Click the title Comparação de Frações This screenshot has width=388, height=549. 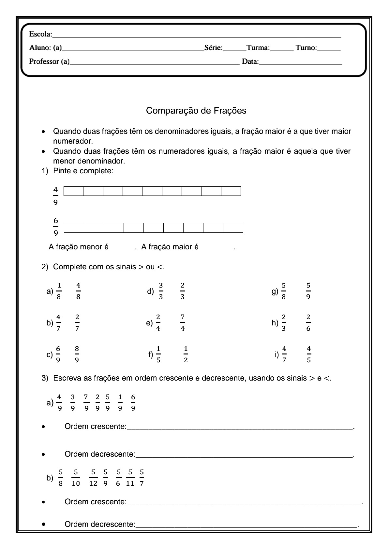coord(196,111)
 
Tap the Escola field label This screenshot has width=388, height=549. coord(40,34)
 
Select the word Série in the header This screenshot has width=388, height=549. coord(213,48)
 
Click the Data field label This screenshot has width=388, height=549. coord(250,62)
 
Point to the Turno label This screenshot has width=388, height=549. coord(306,48)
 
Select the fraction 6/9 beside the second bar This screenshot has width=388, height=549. coord(56,227)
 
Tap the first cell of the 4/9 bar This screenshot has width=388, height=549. coord(73,191)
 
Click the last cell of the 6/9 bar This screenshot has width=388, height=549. coord(233,228)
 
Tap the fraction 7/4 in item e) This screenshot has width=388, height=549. coord(183,322)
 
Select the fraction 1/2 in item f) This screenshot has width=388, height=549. coord(186,354)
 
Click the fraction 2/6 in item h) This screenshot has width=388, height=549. coord(308,322)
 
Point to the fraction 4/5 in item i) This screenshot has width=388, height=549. coord(309,354)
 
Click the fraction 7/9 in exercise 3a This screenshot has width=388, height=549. coord(86,402)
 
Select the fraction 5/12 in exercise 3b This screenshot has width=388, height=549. coord(93,478)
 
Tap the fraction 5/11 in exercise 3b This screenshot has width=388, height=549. coord(130,478)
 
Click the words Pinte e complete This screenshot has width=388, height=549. coord(83,171)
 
